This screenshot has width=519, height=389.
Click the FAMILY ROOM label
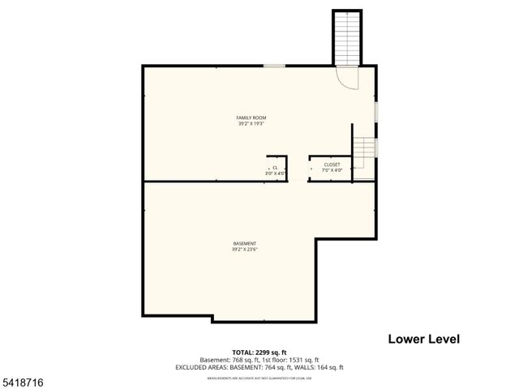coord(251,118)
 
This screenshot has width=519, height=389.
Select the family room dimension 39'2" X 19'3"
coord(251,124)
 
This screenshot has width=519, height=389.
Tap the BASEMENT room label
coord(244,244)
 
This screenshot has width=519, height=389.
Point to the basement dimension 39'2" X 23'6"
coord(244,250)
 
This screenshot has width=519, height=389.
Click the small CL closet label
coord(275,167)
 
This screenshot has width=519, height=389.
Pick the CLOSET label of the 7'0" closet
coord(332,165)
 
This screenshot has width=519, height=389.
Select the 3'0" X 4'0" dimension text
coord(275,173)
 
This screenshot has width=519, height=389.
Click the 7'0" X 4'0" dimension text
coord(332,170)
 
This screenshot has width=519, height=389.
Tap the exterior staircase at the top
coord(345,37)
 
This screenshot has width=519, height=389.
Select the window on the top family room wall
coord(274,66)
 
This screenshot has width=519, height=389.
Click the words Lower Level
coord(423,339)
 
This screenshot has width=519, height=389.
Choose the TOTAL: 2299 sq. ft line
coord(259,353)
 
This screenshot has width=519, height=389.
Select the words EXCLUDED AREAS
coord(201,367)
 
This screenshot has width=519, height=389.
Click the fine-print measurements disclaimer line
coord(259,378)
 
